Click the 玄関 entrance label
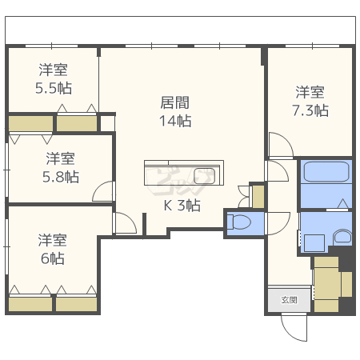(x=289, y=300)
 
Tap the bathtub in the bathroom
(x=326, y=172)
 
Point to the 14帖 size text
(x=176, y=121)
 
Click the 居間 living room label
(x=176, y=102)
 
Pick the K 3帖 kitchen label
(x=182, y=205)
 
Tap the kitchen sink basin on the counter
(x=204, y=175)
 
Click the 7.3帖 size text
(x=310, y=110)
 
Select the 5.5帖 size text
(x=54, y=88)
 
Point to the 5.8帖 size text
(x=60, y=176)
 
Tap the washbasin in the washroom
(x=342, y=237)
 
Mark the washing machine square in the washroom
(x=313, y=241)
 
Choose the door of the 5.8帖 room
(x=103, y=192)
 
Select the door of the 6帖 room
(x=125, y=223)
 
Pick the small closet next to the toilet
(x=257, y=195)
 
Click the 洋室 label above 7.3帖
(x=310, y=91)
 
